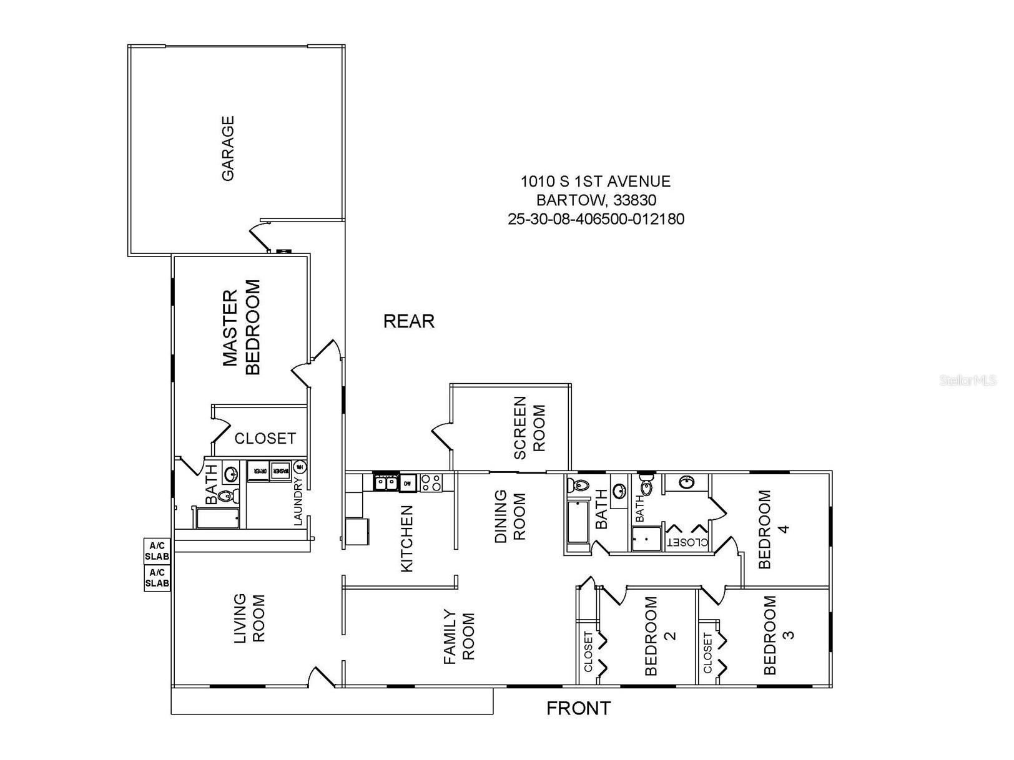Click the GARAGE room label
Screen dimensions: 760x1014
(x=228, y=149)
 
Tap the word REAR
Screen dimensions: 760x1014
(x=408, y=321)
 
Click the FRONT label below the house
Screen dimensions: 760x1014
(x=578, y=708)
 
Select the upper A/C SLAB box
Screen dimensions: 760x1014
(x=157, y=550)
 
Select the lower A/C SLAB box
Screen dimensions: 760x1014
(x=157, y=578)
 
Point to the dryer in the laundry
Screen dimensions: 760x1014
(x=258, y=471)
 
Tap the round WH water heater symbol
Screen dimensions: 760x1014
(x=300, y=467)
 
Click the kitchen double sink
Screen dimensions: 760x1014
(x=386, y=483)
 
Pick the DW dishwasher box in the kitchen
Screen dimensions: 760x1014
(x=408, y=483)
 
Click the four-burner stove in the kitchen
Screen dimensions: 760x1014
(x=431, y=482)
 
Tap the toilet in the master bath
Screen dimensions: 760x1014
(x=227, y=497)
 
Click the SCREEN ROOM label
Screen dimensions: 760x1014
(x=529, y=427)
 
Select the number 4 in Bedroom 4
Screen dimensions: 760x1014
(x=784, y=528)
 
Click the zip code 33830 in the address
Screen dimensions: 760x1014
(x=634, y=200)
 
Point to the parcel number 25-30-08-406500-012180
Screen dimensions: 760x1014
(x=596, y=219)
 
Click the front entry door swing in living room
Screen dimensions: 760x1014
(x=322, y=678)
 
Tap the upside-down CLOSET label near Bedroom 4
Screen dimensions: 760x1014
(x=689, y=542)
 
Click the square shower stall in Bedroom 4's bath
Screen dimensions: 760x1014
(x=646, y=539)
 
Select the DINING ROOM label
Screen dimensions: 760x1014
(x=510, y=517)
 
